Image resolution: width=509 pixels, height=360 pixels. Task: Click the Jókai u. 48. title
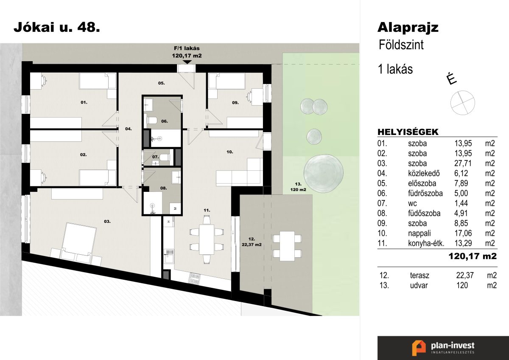pyautogui.click(x=57, y=28)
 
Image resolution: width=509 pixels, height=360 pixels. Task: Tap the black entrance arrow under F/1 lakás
pyautogui.click(x=187, y=62)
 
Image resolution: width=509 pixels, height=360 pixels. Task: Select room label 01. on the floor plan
pyautogui.click(x=84, y=103)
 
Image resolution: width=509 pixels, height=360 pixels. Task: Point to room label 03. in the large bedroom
pyautogui.click(x=107, y=221)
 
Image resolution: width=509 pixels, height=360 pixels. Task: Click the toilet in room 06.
pyautogui.click(x=152, y=120)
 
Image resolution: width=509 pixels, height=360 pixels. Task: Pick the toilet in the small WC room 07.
pyautogui.click(x=165, y=157)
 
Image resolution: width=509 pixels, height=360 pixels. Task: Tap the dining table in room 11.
pyautogui.click(x=207, y=239)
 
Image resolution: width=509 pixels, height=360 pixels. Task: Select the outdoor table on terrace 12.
pyautogui.click(x=287, y=246)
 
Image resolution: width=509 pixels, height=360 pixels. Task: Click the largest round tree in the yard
pyautogui.click(x=323, y=172)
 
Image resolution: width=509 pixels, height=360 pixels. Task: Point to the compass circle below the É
pyautogui.click(x=463, y=103)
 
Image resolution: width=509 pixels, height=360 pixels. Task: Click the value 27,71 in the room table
pyautogui.click(x=463, y=163)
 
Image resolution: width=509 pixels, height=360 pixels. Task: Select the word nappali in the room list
pyautogui.click(x=419, y=233)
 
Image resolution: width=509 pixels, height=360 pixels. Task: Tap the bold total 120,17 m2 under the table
pyautogui.click(x=473, y=256)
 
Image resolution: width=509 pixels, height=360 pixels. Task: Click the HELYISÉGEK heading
pyautogui.click(x=408, y=132)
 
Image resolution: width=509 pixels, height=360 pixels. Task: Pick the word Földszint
pyautogui.click(x=401, y=45)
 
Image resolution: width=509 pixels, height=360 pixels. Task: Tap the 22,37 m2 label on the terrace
pyautogui.click(x=252, y=245)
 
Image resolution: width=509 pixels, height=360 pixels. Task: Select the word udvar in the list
pyautogui.click(x=419, y=286)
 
